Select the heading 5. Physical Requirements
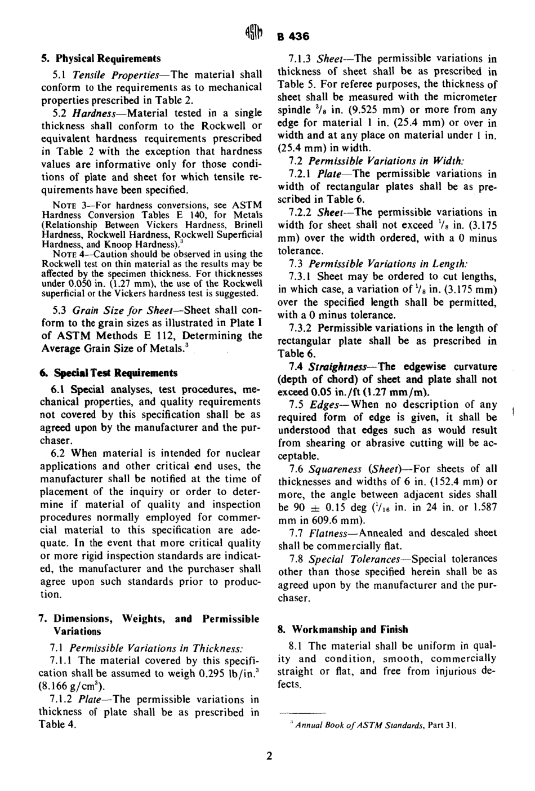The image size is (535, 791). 101,59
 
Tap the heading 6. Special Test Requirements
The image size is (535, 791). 109,373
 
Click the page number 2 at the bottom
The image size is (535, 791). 269,756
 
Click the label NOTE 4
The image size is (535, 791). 68,254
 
